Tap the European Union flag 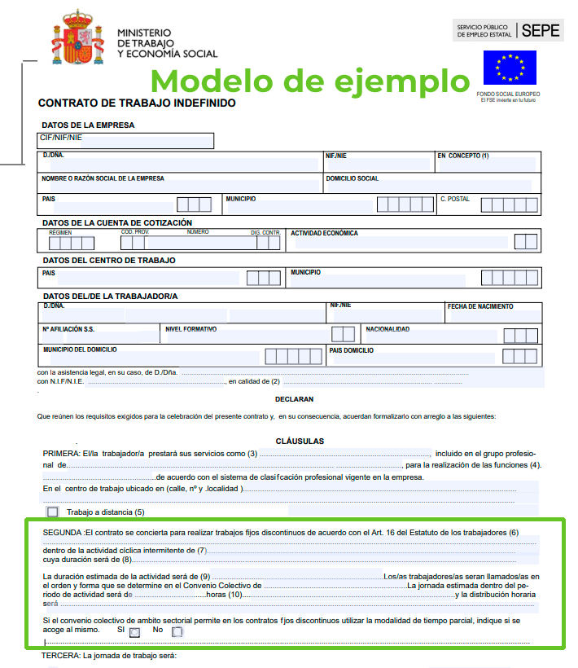coord(510,68)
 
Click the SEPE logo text coord(541,31)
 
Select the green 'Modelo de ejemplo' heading coord(311,81)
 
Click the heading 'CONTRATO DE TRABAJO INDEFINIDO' coord(137,103)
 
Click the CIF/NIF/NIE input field coord(126,141)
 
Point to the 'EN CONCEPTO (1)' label coord(462,156)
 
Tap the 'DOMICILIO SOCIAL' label coord(352,178)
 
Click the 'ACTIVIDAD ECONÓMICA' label coord(324,233)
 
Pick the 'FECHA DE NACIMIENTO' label coord(480,307)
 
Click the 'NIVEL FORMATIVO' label coord(190,329)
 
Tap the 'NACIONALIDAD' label coord(388,329)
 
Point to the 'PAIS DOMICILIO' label coord(352,350)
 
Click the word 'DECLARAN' coord(294,399)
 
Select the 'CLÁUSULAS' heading coord(300,441)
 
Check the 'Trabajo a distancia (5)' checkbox coord(53,512)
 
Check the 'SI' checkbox coord(134,631)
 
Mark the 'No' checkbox coord(177,631)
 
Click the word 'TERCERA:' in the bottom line coord(59,656)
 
